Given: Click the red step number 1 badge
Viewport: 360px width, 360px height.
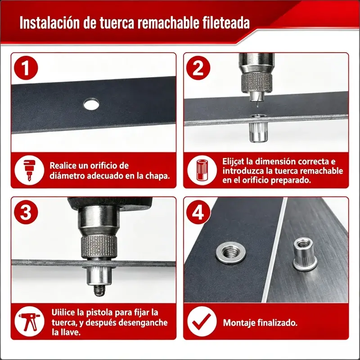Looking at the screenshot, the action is point(26,68).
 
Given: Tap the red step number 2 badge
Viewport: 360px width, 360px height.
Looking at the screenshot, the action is point(198,68).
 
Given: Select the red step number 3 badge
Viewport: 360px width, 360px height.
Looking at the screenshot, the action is point(26,212).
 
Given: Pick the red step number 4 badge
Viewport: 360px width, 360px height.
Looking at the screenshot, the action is point(198,212).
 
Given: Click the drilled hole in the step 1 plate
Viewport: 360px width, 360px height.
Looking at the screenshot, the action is point(91,104).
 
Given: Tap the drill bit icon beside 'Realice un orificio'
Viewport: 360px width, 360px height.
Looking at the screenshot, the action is point(29,171).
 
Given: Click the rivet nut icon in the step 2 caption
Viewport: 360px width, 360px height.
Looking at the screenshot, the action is point(202,170).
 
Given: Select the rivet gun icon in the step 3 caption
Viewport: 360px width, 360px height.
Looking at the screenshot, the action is point(29,321).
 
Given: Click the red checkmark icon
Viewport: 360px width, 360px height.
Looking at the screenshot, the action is point(201,322).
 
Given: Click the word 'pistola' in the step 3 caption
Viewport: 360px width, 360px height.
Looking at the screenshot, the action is point(99,312).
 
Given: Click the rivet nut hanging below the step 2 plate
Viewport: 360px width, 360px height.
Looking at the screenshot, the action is point(258,132).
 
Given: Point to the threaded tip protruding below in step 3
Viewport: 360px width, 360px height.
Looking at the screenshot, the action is point(99,291).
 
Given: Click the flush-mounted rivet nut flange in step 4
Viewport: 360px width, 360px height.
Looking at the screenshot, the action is point(230,253).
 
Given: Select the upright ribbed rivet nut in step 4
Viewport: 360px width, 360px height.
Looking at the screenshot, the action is point(305,253).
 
